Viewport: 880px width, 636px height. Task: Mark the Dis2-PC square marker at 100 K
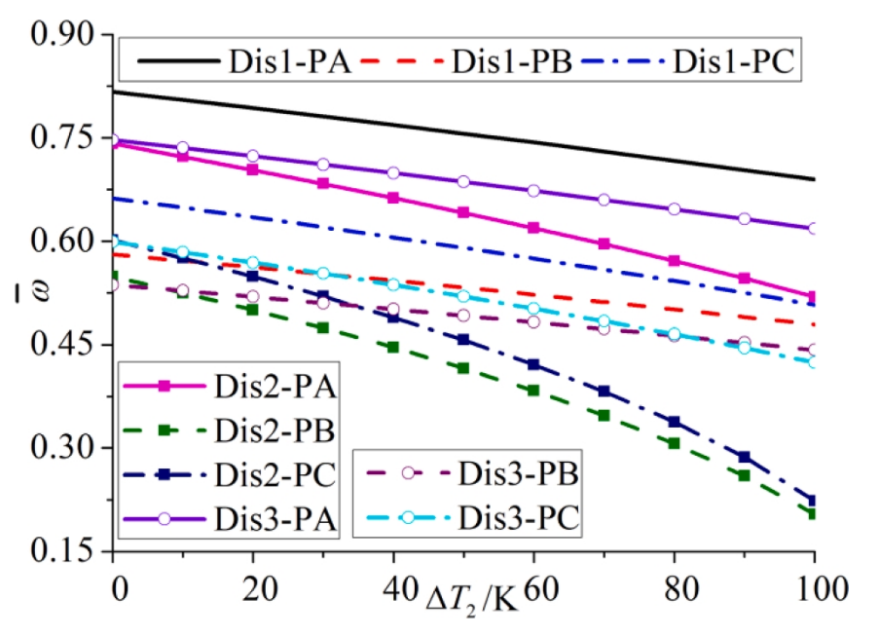(x=814, y=501)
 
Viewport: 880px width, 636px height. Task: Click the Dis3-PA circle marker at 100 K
(x=814, y=228)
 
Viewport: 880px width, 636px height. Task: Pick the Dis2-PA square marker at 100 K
(x=814, y=296)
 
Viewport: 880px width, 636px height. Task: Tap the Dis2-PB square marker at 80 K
(x=674, y=443)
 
